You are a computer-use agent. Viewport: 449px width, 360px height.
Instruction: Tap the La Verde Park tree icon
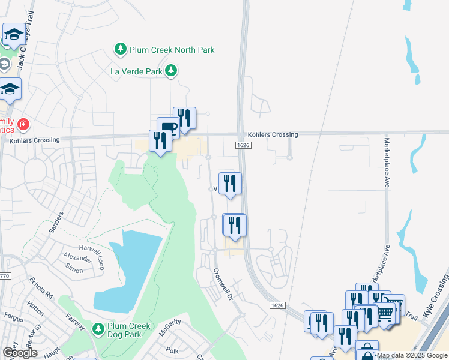coord(172,71)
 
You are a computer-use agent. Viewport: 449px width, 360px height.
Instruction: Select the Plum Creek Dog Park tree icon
coord(98,329)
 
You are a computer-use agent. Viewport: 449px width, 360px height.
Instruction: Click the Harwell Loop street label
coord(92,247)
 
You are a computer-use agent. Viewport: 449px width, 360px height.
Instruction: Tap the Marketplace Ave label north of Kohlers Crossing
coord(387,163)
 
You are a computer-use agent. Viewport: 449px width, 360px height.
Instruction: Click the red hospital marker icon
coord(23,125)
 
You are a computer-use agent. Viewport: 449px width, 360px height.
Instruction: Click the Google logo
coord(20,352)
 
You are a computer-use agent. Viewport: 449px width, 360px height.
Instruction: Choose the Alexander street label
coord(78,259)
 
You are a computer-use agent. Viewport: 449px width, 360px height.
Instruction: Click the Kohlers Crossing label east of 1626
coord(277,135)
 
